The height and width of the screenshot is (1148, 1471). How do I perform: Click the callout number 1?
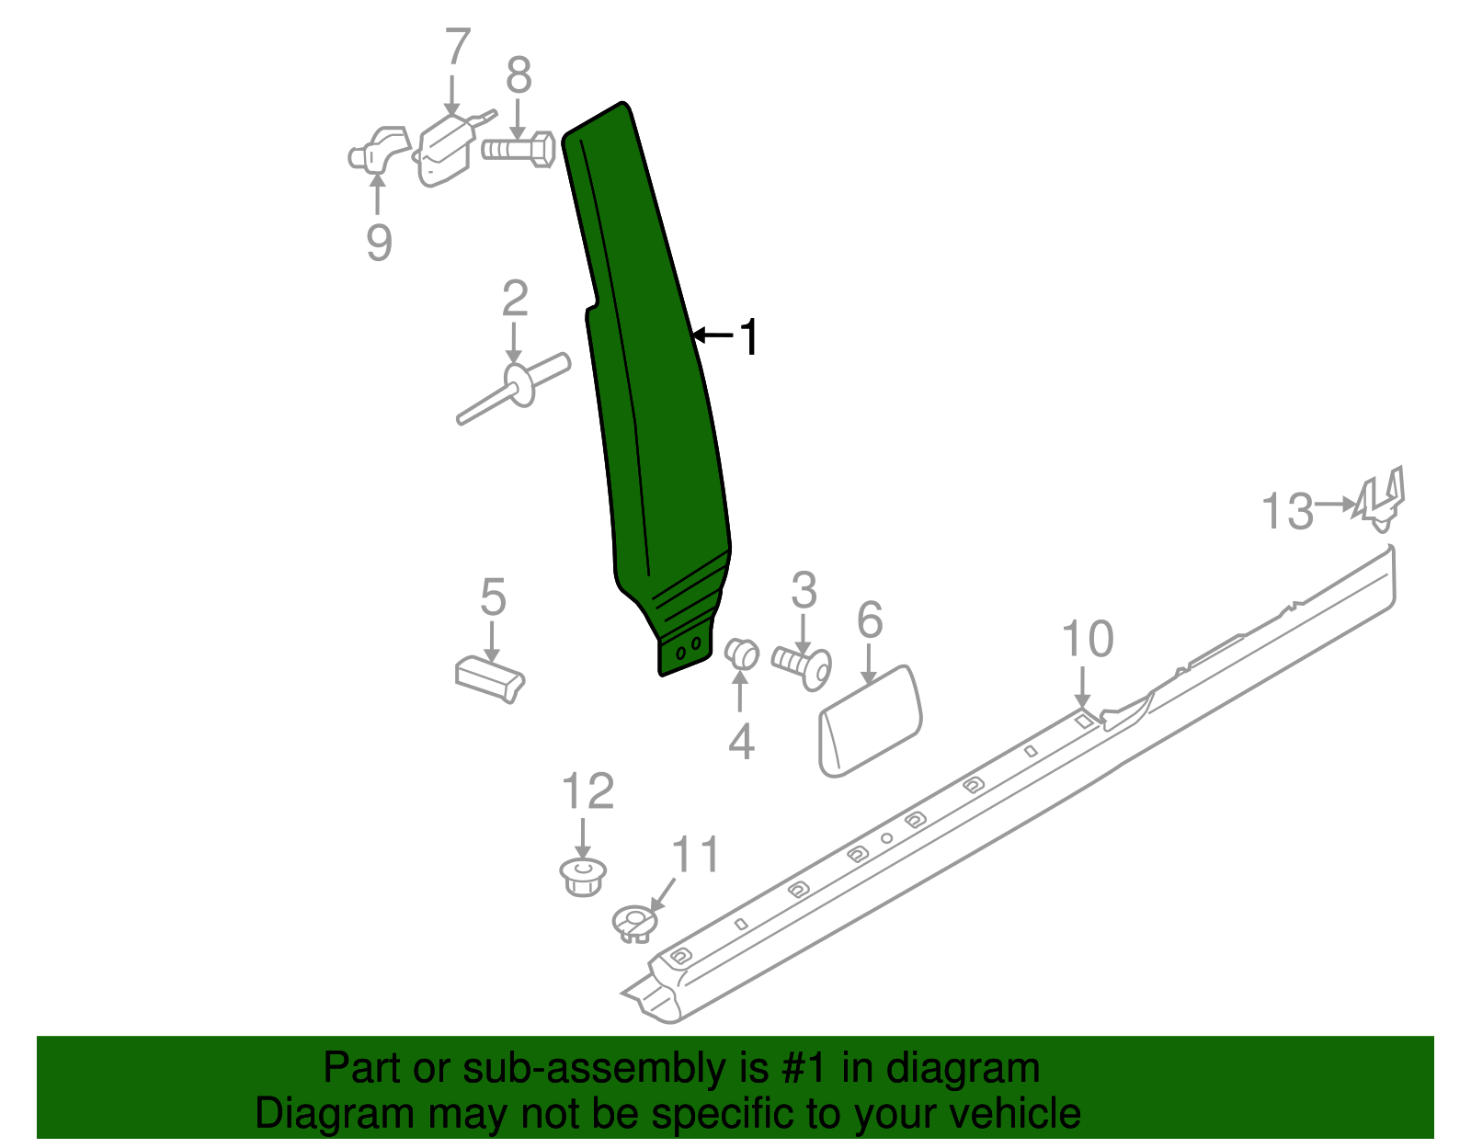pyautogui.click(x=750, y=337)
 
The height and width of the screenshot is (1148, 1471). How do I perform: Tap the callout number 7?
pyautogui.click(x=457, y=48)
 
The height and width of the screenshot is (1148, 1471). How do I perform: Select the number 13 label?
pyautogui.click(x=1287, y=511)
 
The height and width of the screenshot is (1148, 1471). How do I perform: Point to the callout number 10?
pyautogui.click(x=1088, y=639)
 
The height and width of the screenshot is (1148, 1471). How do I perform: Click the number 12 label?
pyautogui.click(x=587, y=791)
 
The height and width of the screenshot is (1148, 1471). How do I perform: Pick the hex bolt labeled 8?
pyautogui.click(x=519, y=150)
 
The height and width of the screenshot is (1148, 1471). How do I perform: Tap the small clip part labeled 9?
pyautogui.click(x=378, y=153)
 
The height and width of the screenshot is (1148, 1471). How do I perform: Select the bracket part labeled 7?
pyautogui.click(x=445, y=149)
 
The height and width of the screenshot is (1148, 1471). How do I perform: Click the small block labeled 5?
pyautogui.click(x=490, y=677)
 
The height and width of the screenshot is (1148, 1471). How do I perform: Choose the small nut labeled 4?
pyautogui.click(x=741, y=654)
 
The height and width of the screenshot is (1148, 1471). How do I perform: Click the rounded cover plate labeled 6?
pyautogui.click(x=870, y=723)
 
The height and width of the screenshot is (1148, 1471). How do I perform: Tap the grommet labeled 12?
pyautogui.click(x=583, y=875)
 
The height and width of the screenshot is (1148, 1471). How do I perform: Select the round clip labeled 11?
pyautogui.click(x=634, y=922)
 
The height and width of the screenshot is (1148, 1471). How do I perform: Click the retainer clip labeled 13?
pyautogui.click(x=1382, y=499)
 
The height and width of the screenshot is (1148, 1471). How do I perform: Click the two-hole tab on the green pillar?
pyautogui.click(x=686, y=652)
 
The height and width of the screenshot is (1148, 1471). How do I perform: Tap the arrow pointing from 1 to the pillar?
pyautogui.click(x=714, y=335)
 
